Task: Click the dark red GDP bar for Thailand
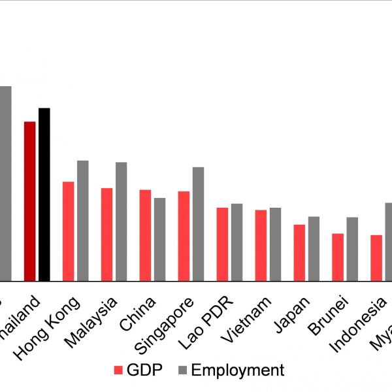click(29, 201)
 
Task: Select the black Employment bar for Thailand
click(44, 195)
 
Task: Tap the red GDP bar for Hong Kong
click(68, 231)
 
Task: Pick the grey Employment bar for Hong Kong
click(83, 221)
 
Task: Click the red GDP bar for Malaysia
click(106, 235)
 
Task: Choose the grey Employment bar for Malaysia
click(122, 221)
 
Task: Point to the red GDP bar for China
click(145, 235)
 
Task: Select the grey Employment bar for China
click(159, 239)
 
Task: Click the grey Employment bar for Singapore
click(199, 224)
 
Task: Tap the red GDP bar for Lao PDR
click(223, 244)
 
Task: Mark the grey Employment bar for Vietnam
click(276, 244)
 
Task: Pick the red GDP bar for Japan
click(299, 253)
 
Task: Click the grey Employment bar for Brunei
click(353, 249)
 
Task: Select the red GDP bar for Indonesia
click(376, 258)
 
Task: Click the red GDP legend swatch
click(118, 370)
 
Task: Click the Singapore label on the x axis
click(169, 324)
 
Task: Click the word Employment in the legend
click(237, 370)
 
